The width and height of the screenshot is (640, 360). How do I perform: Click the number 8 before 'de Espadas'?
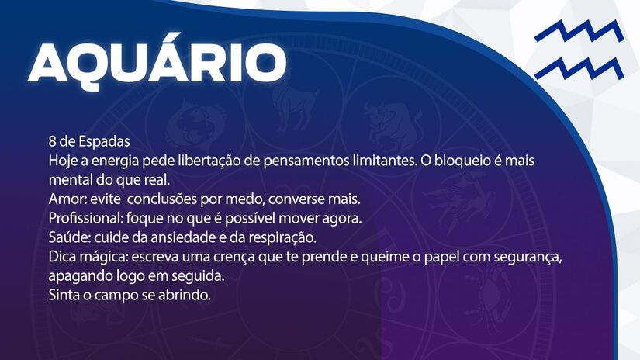pyautogui.click(x=52, y=143)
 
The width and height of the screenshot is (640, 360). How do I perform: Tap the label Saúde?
pyautogui.click(x=69, y=235)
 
